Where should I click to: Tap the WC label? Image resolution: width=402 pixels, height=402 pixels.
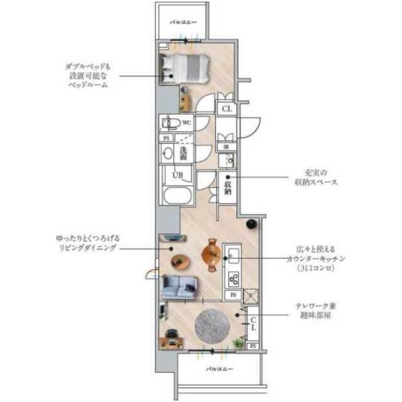(x=186, y=122)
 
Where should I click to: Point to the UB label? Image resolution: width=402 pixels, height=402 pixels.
(x=178, y=175)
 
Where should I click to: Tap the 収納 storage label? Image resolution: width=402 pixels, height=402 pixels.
(x=227, y=188)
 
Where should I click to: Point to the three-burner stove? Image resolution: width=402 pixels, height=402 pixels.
(x=233, y=278)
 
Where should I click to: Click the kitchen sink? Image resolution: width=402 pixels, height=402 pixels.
(x=232, y=256)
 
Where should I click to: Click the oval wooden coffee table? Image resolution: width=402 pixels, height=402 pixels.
(x=180, y=260)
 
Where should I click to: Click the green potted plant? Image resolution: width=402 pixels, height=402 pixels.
(x=237, y=342)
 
